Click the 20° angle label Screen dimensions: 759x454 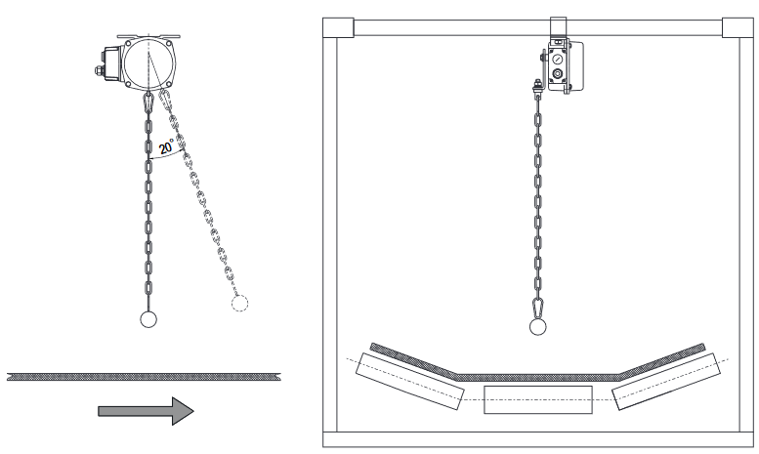point(166,146)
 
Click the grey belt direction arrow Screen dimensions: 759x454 point(146,411)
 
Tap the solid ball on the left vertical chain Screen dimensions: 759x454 point(148,319)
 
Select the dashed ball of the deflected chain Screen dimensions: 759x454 point(239,304)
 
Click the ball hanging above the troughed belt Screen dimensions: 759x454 point(538,327)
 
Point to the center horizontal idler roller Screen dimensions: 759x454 point(538,399)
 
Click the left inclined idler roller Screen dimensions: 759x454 point(409,382)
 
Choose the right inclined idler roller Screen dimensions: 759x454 point(666,382)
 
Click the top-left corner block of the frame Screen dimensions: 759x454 point(338,27)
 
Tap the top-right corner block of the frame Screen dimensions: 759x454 point(738,27)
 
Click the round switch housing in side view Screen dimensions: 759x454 point(148,62)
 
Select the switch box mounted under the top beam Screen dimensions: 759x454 point(565,65)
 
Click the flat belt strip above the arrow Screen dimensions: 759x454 point(145,376)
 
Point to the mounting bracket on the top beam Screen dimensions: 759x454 point(558,28)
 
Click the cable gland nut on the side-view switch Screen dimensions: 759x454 point(99,70)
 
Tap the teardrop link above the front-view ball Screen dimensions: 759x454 point(538,309)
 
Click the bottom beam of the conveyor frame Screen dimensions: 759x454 point(538,439)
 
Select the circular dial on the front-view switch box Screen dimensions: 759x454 point(558,59)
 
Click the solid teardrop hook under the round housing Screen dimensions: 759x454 point(148,103)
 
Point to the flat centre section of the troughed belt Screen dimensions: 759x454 point(537,378)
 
